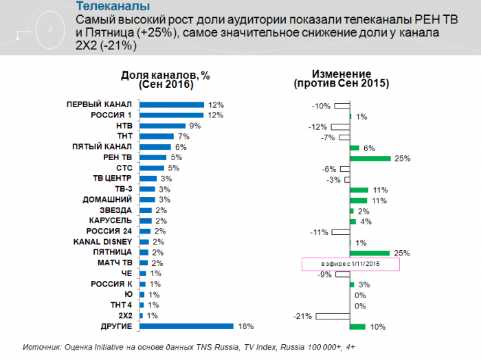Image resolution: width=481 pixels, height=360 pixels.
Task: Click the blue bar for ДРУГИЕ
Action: [186, 326]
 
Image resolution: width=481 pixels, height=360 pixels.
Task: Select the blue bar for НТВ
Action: [162, 126]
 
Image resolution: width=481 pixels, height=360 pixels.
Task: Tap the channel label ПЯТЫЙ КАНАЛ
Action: [102, 147]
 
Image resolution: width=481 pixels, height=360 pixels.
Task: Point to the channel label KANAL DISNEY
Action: [102, 242]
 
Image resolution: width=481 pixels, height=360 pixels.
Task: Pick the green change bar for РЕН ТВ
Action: [370, 158]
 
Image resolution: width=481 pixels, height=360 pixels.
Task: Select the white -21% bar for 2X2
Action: [333, 316]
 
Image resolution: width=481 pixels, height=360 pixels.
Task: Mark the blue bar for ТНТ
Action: [156, 137]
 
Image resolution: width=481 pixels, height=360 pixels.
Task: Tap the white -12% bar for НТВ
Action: [339, 127]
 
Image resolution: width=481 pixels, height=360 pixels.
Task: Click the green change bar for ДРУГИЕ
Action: [357, 326]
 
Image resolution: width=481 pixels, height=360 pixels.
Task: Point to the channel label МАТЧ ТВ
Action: [114, 263]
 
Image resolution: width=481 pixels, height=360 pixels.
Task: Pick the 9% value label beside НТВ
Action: [194, 126]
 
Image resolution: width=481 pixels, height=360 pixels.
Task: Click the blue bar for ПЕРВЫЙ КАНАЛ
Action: [171, 105]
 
